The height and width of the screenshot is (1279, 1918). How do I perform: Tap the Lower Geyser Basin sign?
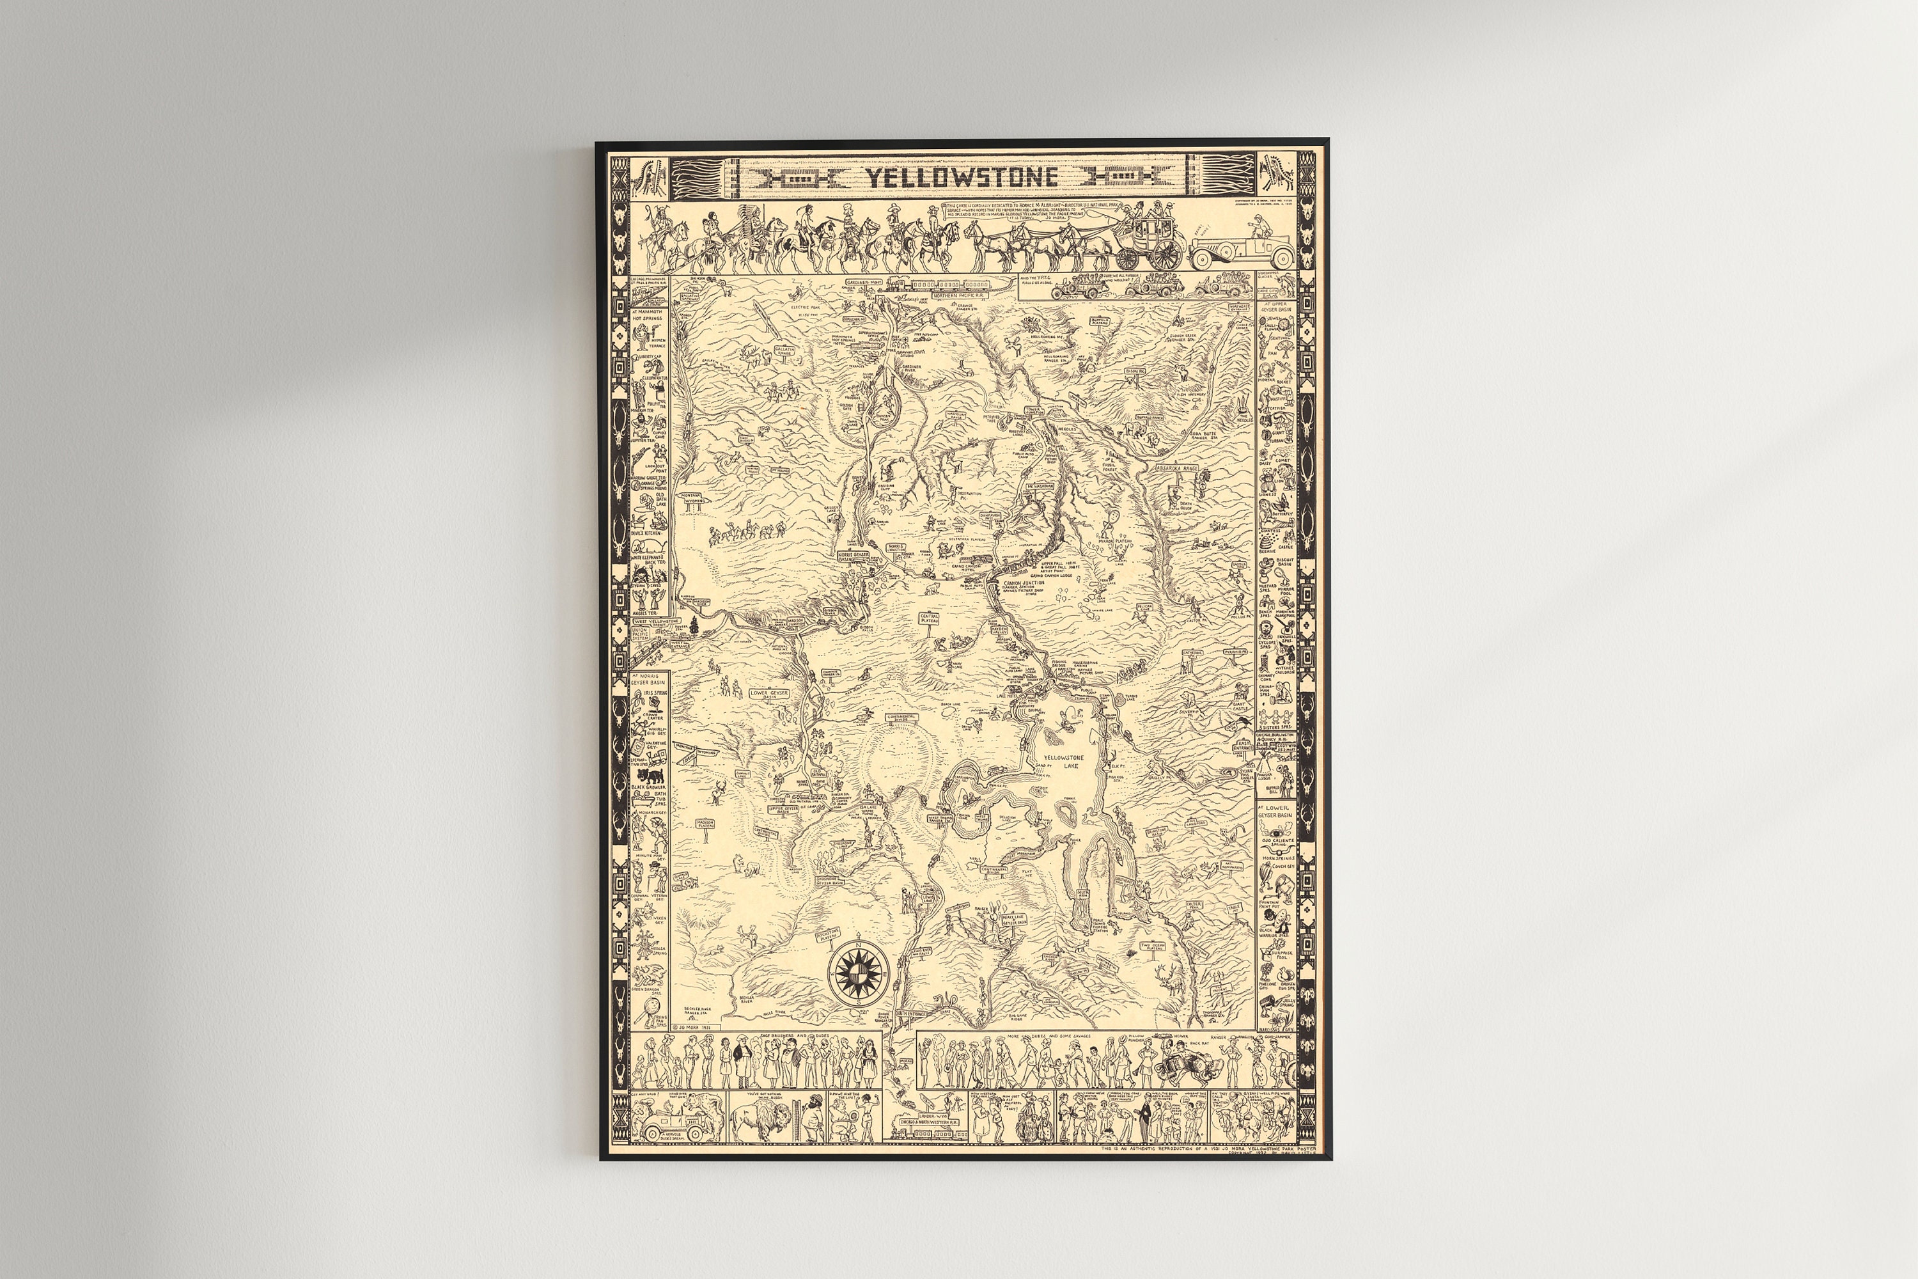[x=769, y=695]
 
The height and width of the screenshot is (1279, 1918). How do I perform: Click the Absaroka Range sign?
[x=1177, y=469]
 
